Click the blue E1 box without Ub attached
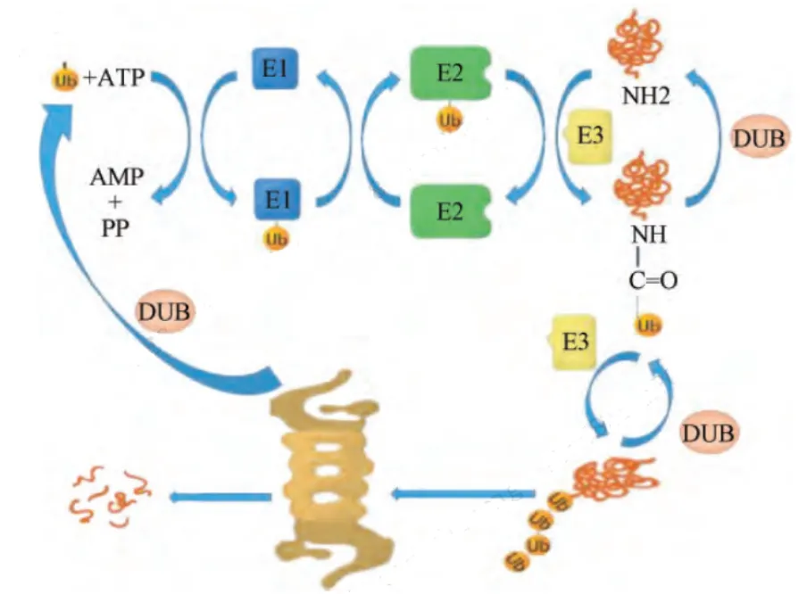[275, 69]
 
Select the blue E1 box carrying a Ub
[277, 200]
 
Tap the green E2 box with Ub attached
[450, 73]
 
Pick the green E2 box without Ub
[450, 211]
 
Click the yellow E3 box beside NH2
[589, 136]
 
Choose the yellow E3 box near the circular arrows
[574, 342]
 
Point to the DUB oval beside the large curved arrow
[164, 311]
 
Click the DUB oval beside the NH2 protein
[759, 138]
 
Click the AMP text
[116, 177]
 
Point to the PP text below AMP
[115, 227]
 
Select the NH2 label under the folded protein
[646, 95]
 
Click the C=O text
[653, 280]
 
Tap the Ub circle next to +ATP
[65, 79]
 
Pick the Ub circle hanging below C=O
[648, 326]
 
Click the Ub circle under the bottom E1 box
[276, 239]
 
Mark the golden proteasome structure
[330, 478]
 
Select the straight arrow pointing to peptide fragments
[220, 498]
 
